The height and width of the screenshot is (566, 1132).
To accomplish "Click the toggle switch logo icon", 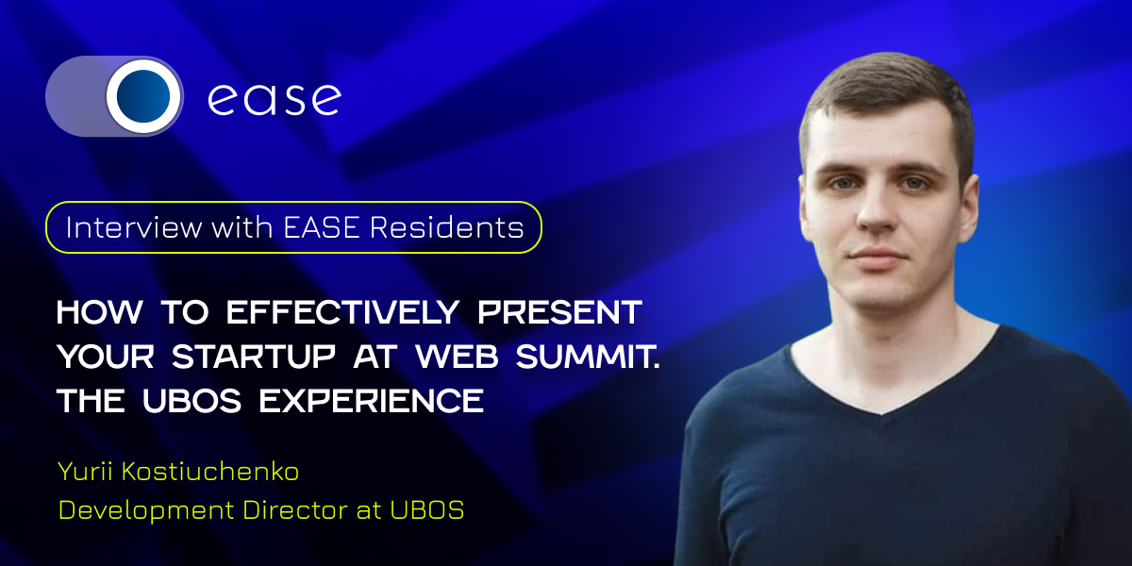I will point(114,96).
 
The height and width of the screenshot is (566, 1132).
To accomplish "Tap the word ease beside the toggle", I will point(274,98).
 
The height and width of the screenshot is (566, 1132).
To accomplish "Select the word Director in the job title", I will point(308,510).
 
